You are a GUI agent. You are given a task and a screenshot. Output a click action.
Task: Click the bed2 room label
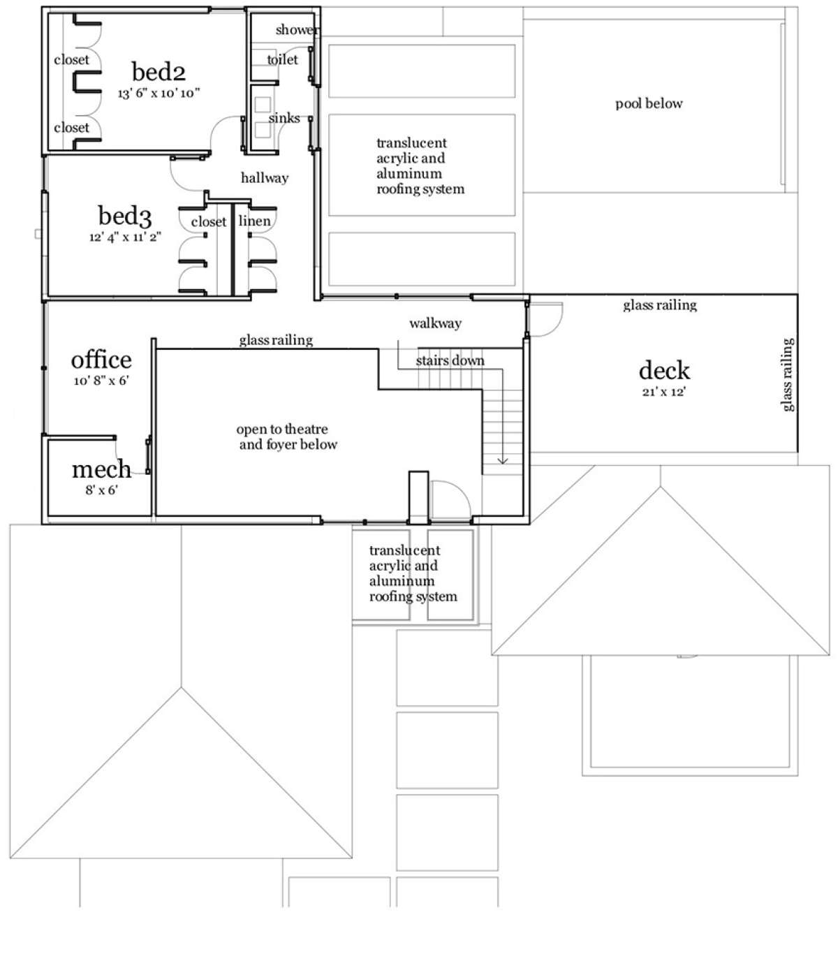point(159,72)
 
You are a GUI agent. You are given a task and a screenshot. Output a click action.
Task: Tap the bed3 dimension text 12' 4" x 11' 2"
point(125,237)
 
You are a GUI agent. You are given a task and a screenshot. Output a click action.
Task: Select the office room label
point(101,360)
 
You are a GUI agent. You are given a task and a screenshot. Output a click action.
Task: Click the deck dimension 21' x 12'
point(663,391)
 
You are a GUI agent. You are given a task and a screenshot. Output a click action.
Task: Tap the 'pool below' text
point(649,103)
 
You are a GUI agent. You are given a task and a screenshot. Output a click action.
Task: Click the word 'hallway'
point(264,177)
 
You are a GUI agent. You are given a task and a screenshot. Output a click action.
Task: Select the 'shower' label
point(297,30)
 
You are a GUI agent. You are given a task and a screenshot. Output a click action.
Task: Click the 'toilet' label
point(282,59)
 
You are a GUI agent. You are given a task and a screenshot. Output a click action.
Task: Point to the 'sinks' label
point(284,118)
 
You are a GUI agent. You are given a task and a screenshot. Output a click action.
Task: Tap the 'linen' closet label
point(254,221)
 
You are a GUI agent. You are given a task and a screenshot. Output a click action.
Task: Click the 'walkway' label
point(435,323)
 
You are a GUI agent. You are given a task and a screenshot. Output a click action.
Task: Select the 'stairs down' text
point(450,360)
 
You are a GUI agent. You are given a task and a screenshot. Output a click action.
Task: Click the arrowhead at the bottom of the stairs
point(502,460)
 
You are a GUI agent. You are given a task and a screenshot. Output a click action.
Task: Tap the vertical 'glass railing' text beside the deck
point(787,375)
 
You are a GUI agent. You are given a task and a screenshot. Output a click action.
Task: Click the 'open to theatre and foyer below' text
point(287,436)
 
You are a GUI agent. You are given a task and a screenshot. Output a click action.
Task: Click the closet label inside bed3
point(208,221)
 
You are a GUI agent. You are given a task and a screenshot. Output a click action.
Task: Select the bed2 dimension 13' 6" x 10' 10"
point(159,93)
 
